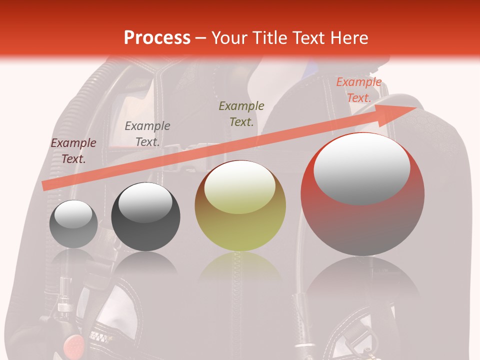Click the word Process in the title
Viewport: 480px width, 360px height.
[x=157, y=38]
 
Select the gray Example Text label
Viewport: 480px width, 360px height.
[x=147, y=134]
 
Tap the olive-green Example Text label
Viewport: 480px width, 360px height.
[x=241, y=113]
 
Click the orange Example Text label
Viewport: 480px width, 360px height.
[x=359, y=90]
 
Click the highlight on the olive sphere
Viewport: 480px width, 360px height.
[x=240, y=187]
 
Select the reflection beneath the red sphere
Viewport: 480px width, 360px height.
[x=362, y=280]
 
